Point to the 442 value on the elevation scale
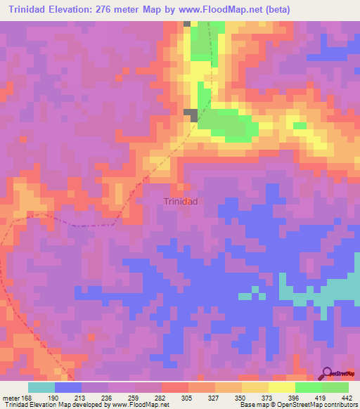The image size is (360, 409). click(345, 397)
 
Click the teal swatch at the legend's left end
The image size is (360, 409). click(41, 387)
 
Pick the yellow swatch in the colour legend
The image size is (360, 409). click(281, 387)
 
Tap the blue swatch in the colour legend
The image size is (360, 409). click(68, 387)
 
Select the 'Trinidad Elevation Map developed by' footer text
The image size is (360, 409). click(49, 404)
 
